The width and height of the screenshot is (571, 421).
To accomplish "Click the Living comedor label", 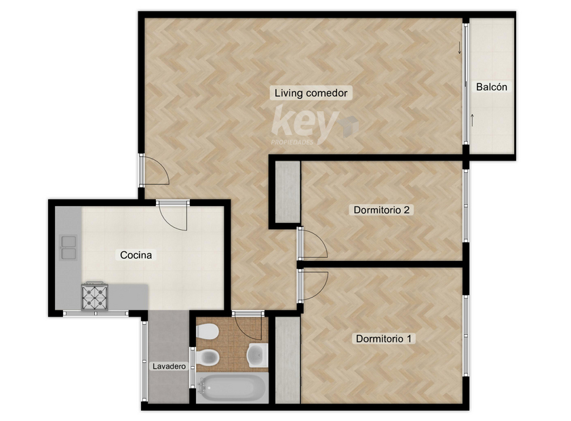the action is (x=311, y=93).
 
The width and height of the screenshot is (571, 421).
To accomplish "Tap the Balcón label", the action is (x=492, y=87).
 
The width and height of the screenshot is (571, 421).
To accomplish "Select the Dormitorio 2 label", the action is (x=381, y=209).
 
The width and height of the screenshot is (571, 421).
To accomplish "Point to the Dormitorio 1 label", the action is (x=383, y=339).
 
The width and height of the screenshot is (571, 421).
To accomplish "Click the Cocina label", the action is (x=136, y=255).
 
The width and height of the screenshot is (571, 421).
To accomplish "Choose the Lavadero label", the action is (x=169, y=366).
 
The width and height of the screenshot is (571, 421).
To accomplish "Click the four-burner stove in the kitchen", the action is (x=95, y=296).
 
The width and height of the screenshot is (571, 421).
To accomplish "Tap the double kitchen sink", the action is (x=68, y=247).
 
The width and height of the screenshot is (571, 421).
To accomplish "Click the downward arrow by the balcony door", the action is (x=460, y=47).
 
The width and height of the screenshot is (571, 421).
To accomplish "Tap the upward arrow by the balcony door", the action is (x=472, y=120).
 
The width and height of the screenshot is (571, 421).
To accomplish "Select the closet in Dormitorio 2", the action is (x=288, y=192).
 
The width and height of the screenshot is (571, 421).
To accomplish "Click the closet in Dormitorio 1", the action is (x=288, y=360).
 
